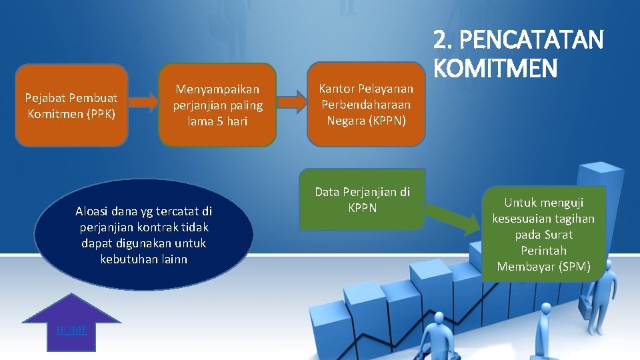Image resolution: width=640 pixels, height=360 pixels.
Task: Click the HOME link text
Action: (x=71, y=330)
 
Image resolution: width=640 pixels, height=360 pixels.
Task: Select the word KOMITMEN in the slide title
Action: (x=495, y=67)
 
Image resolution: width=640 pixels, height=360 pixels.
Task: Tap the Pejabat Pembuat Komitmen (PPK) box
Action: (x=71, y=105)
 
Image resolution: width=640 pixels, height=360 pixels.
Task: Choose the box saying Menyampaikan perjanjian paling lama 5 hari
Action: (x=217, y=105)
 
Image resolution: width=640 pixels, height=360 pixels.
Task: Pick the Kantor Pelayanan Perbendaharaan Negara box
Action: (x=365, y=105)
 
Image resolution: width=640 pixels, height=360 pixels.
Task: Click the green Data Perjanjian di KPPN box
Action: (x=362, y=199)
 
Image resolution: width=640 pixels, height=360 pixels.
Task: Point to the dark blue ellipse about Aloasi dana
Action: (x=143, y=235)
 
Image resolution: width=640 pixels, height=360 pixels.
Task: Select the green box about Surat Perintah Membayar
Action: (x=543, y=233)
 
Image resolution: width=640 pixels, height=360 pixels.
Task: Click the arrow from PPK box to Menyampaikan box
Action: (x=143, y=101)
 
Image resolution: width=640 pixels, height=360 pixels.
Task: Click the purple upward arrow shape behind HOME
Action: (x=71, y=313)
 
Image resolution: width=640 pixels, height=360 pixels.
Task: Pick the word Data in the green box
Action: (x=327, y=192)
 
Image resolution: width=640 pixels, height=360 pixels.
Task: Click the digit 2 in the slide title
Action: (x=440, y=41)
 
